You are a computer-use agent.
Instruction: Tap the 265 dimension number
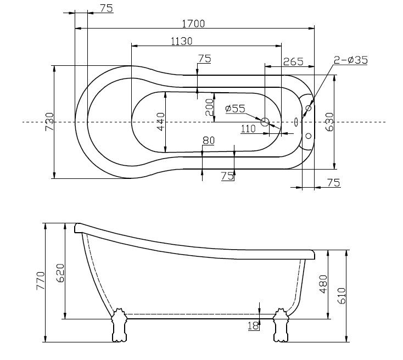click(x=293, y=61)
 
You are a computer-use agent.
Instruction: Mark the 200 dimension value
click(x=209, y=108)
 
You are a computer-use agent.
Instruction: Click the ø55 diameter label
click(x=235, y=109)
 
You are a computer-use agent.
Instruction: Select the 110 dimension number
click(x=248, y=128)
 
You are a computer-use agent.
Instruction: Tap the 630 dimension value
click(x=329, y=121)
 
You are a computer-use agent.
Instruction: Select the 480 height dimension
click(x=323, y=284)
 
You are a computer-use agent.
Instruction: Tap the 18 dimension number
click(x=253, y=326)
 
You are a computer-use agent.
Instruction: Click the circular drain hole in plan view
click(x=265, y=122)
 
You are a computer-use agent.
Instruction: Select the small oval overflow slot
click(x=296, y=122)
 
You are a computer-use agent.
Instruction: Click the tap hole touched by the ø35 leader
click(x=308, y=108)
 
